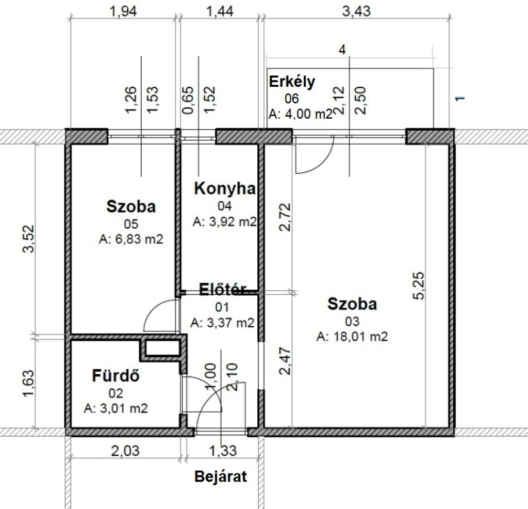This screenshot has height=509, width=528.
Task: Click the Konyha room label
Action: pos(225,188)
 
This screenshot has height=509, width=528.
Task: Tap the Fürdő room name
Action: pos(116,375)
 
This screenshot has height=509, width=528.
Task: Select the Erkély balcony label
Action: pos(292,82)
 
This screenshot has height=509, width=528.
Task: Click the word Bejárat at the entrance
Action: pos(221,476)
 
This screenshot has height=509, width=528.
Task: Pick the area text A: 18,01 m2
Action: pos(352,337)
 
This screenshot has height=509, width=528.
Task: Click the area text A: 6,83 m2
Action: pos(131,240)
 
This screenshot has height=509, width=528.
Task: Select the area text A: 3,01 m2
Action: pos(116,408)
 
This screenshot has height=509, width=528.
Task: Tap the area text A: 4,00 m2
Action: pos(301,114)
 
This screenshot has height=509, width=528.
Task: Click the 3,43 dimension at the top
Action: pos(356,11)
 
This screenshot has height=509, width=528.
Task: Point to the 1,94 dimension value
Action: pos(123,11)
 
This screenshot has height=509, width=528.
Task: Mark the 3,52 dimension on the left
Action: pos(28,238)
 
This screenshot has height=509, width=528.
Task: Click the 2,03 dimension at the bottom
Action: pos(125,451)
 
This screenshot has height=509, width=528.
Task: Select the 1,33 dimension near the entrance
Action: pos(223,451)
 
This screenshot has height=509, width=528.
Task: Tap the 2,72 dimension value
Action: pos(285,217)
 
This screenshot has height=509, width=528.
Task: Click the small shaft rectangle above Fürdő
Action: pos(162,347)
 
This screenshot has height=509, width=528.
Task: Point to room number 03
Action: pos(352,322)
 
